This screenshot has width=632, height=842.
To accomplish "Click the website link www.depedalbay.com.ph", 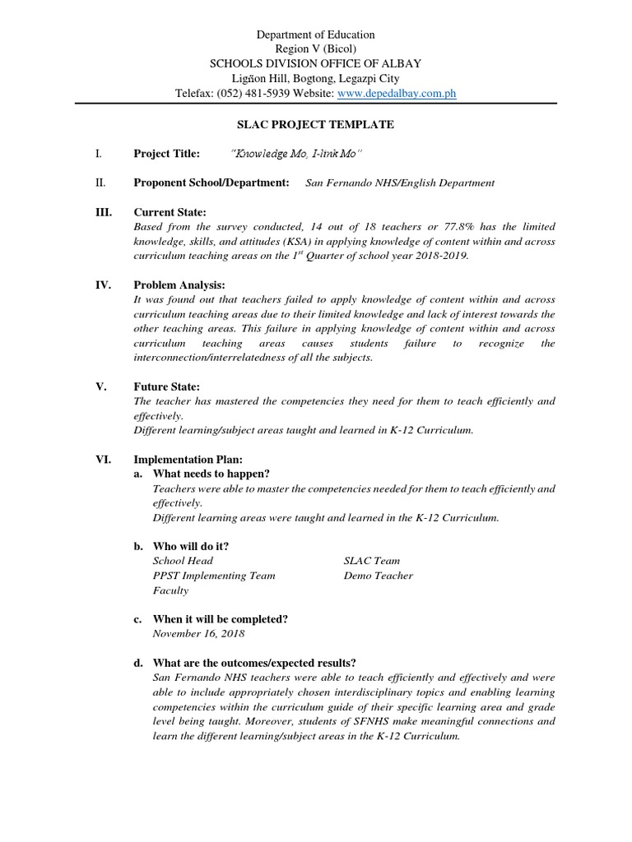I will pos(397,95).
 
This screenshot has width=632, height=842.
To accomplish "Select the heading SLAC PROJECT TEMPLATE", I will pos(315,124).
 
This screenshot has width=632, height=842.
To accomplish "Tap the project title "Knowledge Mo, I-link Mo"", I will pos(286,154).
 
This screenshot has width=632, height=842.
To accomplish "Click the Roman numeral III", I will pos(104,212).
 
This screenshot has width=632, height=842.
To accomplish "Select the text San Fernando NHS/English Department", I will pos(400,183).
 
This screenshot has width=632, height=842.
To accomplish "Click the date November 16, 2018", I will pos(198,634).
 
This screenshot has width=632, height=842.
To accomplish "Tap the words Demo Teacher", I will pos(379,576).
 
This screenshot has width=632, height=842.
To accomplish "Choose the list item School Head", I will pos(183,561).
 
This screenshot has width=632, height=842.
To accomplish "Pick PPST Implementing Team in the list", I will pos(214,576).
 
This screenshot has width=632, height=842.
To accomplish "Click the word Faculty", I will pos(170,590).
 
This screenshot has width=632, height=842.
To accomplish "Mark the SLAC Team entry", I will pos(372,561).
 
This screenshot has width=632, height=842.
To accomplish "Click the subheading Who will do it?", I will pos(191,546).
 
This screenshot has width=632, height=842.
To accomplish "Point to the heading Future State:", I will pos(167,386).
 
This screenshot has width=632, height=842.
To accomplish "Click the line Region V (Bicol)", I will pos(315,49).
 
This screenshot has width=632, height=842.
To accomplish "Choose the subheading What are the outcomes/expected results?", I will pos(254,663).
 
